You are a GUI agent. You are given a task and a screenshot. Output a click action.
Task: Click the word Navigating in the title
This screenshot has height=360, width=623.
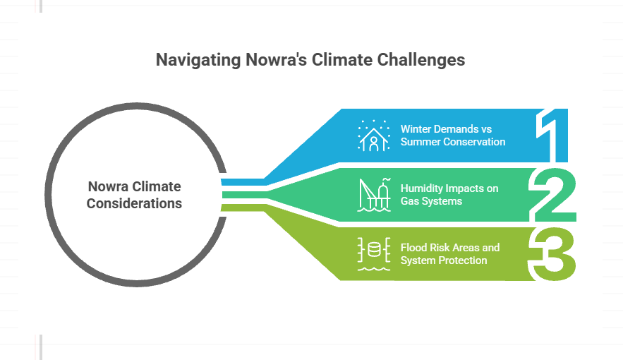pos(198,61)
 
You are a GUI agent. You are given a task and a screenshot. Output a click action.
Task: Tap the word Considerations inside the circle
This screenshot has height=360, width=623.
pos(134,203)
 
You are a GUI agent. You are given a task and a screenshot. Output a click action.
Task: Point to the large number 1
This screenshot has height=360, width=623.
pos(552,135)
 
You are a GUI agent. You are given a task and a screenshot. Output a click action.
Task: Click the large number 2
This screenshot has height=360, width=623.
pos(552,195)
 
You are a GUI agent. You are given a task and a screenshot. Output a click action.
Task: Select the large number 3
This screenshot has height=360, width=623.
pos(552,254)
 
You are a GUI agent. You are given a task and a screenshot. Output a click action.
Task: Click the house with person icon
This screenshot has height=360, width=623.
pos(373,136)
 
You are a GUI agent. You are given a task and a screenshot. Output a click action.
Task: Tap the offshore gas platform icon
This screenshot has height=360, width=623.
pos(373,195)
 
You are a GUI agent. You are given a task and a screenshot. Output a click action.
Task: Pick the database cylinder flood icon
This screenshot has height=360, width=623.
pos(373,254)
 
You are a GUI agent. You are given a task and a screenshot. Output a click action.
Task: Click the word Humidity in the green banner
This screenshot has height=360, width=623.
pos(421,188)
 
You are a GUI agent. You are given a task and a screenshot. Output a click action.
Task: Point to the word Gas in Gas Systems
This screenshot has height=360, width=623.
pos(409,201)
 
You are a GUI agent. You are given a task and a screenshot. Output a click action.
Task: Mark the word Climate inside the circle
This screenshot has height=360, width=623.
pos(157,187)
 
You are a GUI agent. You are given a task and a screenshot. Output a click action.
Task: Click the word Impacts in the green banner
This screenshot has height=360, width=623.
pos(461,188)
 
